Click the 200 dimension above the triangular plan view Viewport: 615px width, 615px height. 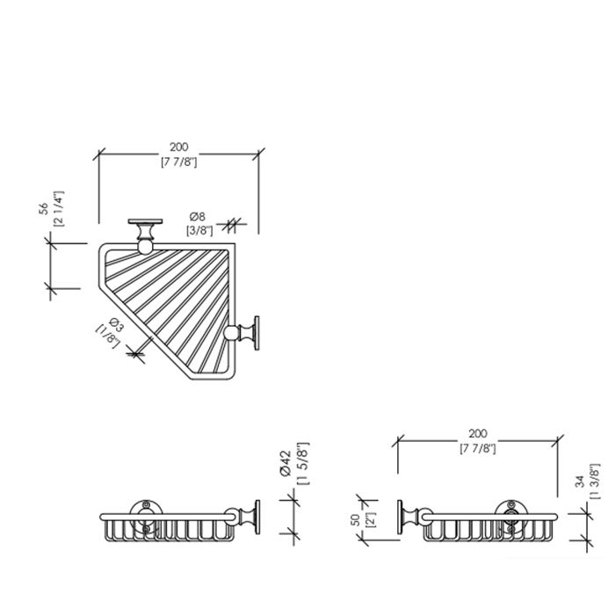pos(179,147)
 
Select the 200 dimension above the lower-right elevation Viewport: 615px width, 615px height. pos(478,433)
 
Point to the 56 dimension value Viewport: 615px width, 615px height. pos(44,208)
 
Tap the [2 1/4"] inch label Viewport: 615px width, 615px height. pos(58,209)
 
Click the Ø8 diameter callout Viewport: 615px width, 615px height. pos(198,216)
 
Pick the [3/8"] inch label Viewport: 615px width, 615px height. pos(199,230)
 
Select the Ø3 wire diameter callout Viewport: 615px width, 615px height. pos(116,325)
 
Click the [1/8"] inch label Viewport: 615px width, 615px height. pos(107,336)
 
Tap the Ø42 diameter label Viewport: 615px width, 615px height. pos(286,464)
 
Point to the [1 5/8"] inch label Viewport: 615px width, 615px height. pos(303,464)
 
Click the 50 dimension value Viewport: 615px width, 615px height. pos(356,520)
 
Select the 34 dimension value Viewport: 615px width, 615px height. pos(580,481)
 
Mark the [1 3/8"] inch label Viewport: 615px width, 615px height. pos(595,481)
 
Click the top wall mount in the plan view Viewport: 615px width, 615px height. pos(145,236)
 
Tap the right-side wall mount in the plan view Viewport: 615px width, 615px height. pos(242,333)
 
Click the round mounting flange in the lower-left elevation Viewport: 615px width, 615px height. pos(147,517)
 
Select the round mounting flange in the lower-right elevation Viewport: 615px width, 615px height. pos(510,517)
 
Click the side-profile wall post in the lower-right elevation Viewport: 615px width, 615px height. pos(415,517)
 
